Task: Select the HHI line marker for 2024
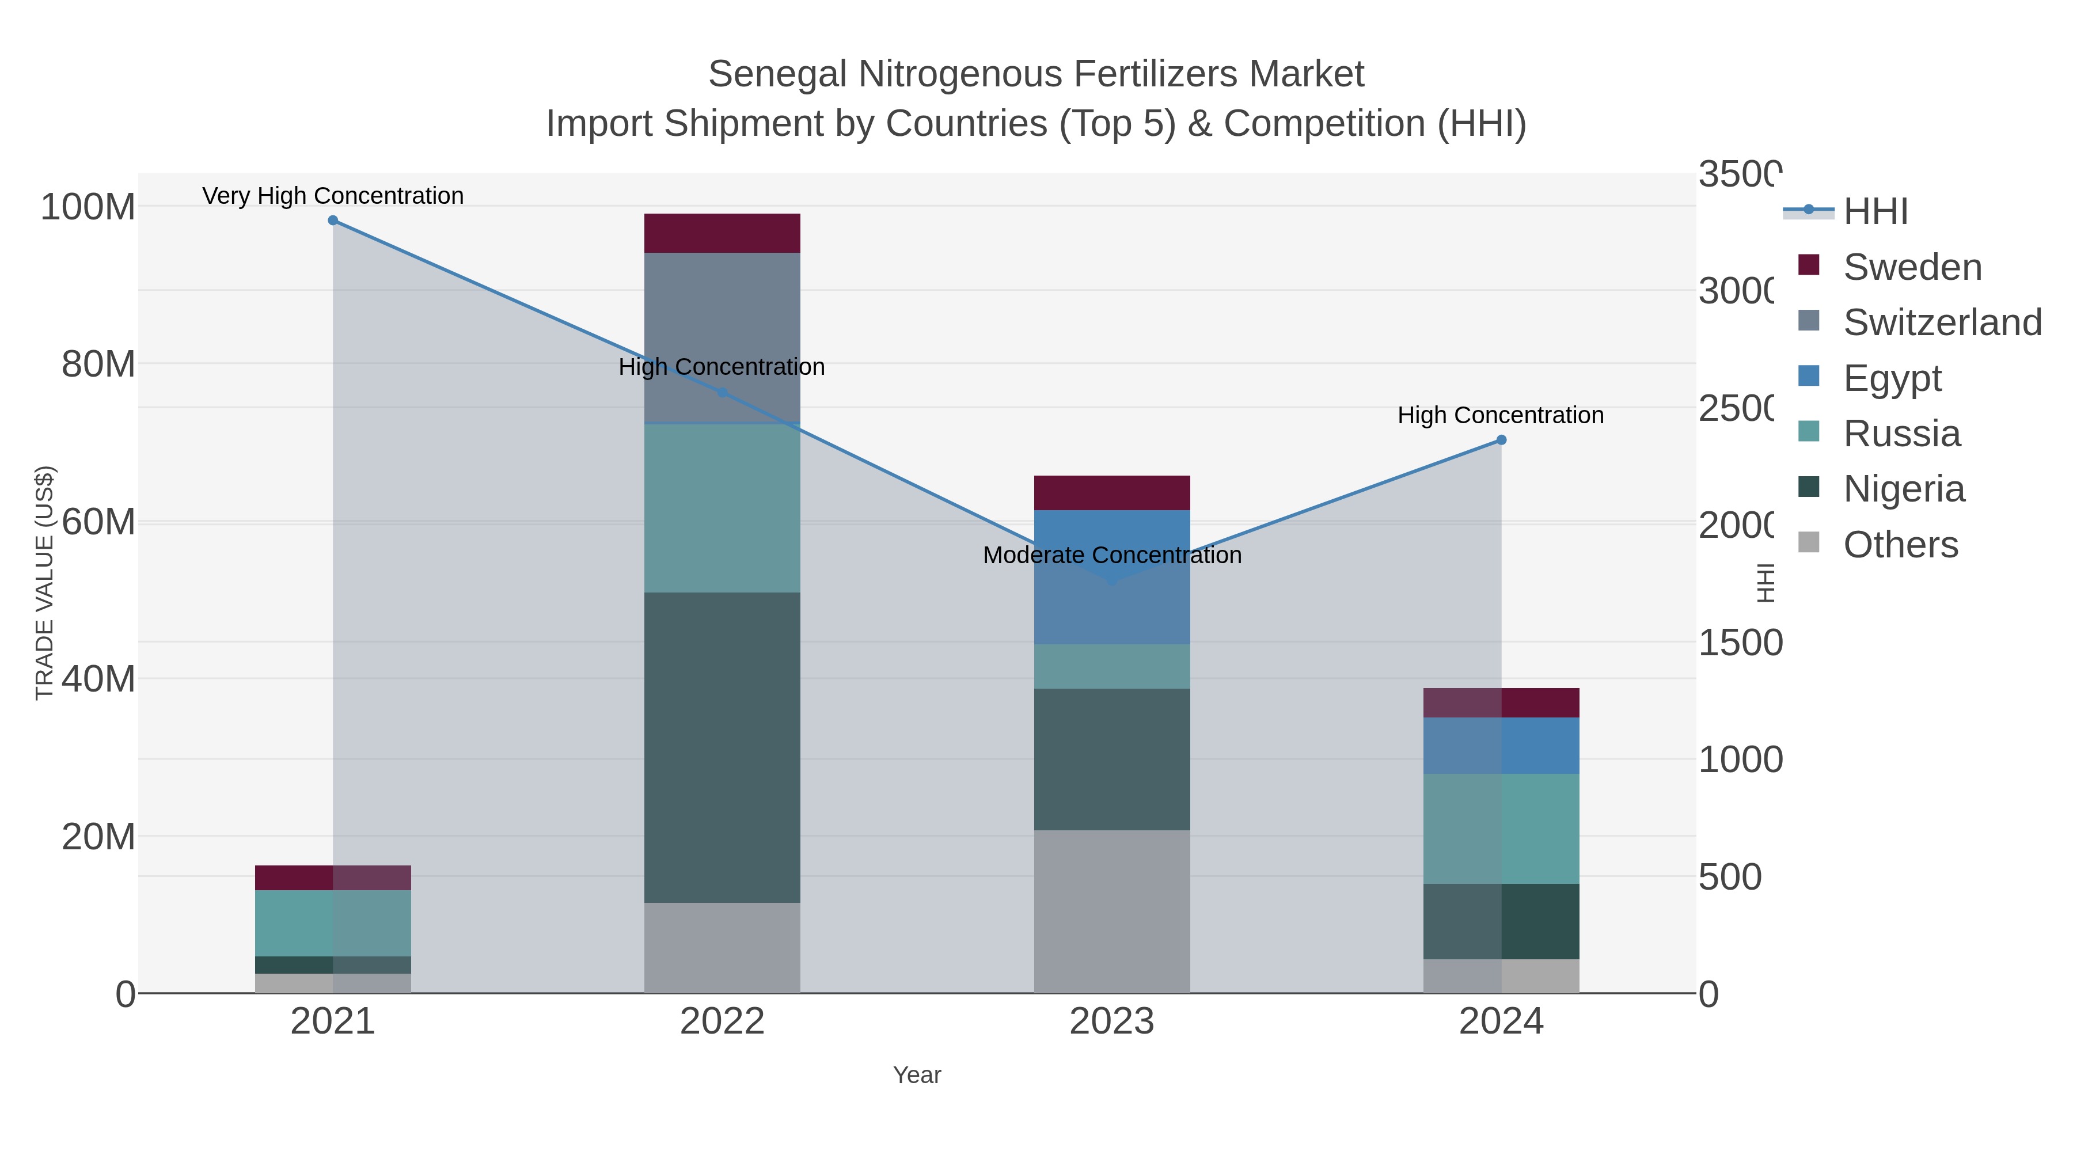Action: click(x=1501, y=440)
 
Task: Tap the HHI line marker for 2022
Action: click(x=722, y=393)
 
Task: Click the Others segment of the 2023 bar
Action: click(x=1111, y=911)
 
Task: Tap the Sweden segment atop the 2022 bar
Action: click(x=722, y=233)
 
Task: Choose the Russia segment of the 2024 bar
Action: click(x=1501, y=829)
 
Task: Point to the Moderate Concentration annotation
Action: click(x=1112, y=555)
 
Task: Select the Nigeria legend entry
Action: click(x=1903, y=488)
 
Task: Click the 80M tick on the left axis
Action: click(x=98, y=364)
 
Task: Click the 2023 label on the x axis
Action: click(x=1111, y=1022)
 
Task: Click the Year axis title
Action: click(x=917, y=1075)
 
